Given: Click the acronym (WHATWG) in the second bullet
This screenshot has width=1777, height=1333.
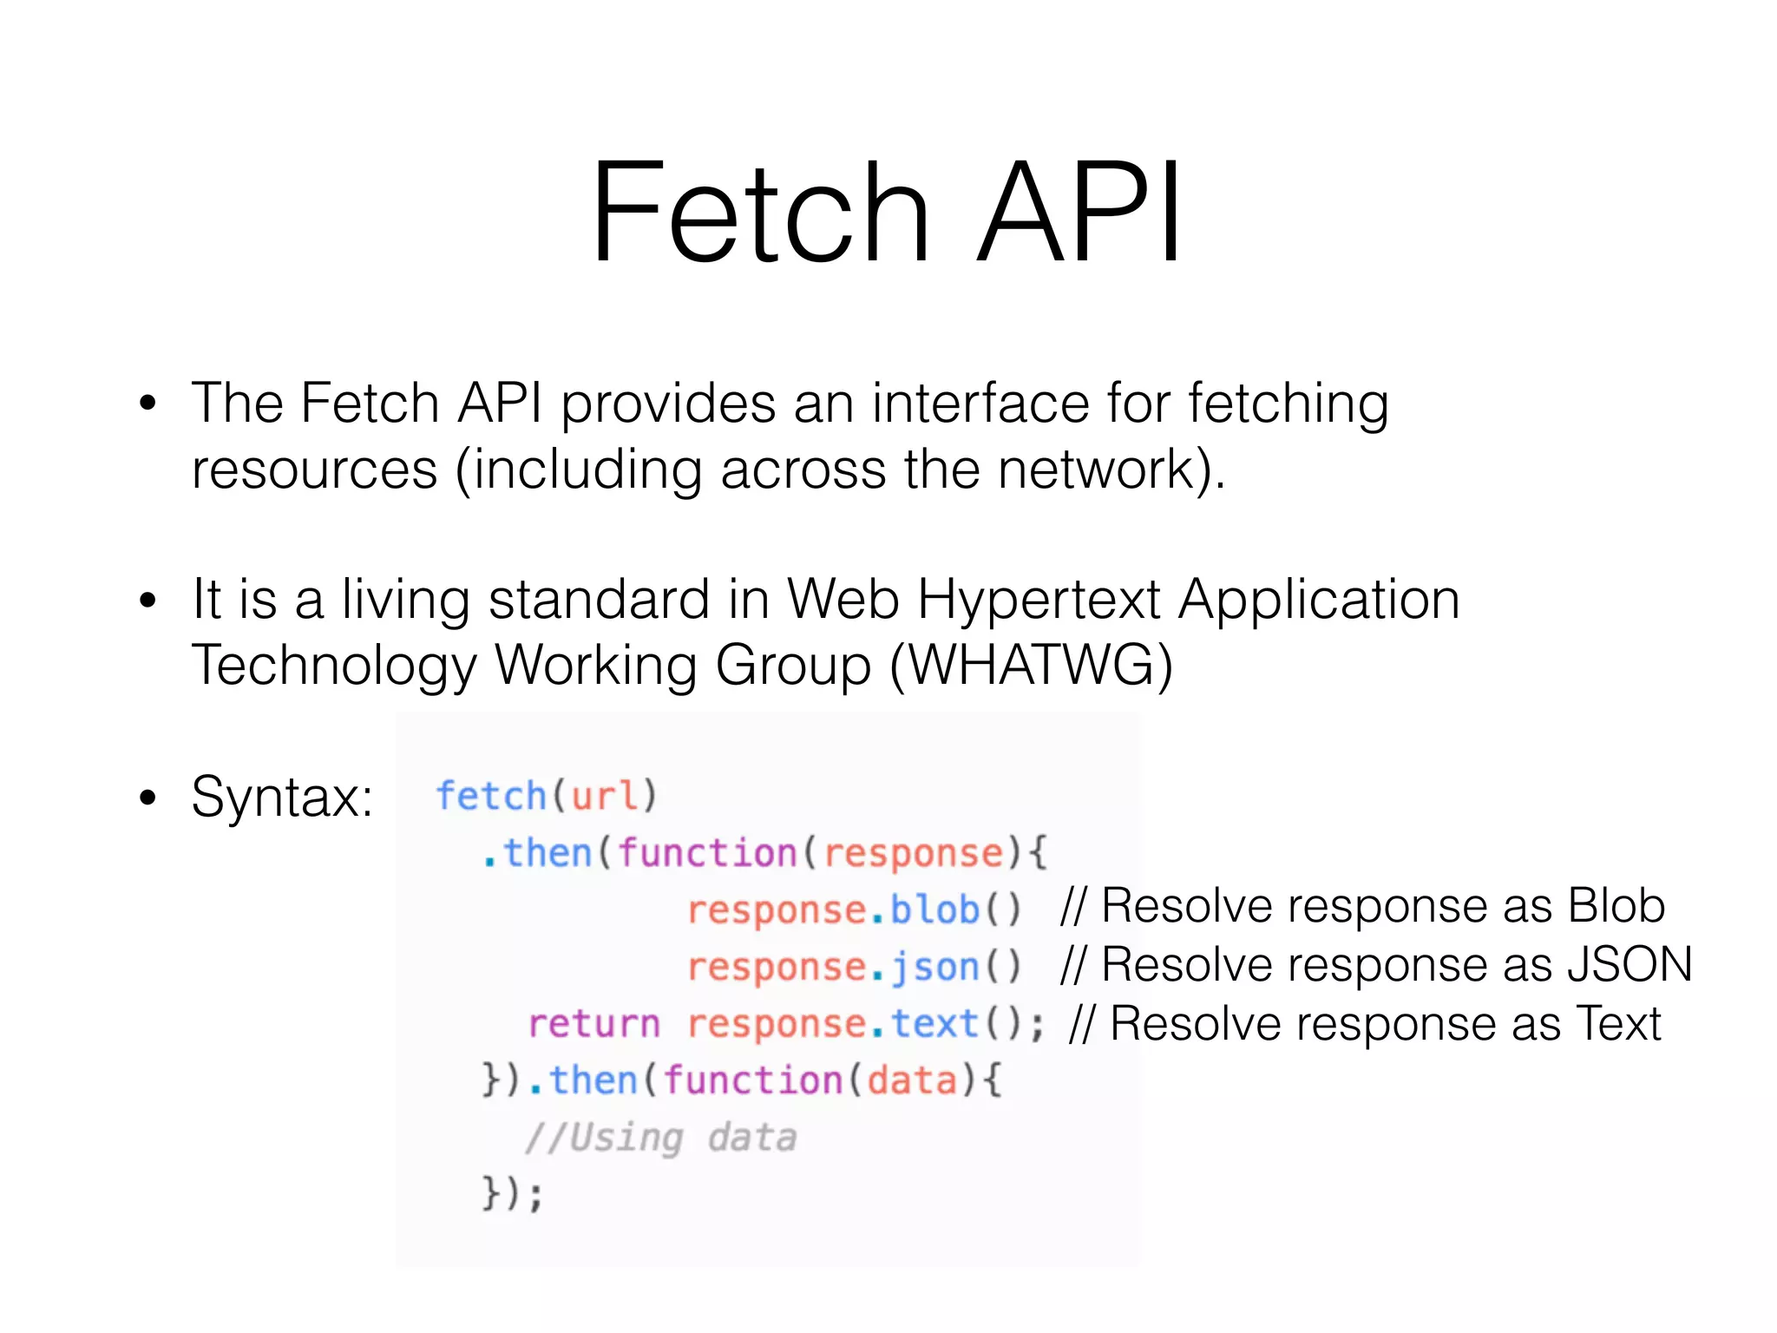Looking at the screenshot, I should point(1032,666).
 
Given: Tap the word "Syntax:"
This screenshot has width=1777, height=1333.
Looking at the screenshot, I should point(282,797).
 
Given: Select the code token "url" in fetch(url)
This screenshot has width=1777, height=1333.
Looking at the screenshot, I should point(604,796).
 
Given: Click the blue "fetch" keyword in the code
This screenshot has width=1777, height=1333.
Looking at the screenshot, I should point(490,796).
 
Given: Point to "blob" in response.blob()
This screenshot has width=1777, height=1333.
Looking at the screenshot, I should point(934,909).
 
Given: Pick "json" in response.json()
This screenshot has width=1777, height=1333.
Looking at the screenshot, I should point(934,967).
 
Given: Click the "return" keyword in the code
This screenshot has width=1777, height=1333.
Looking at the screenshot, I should point(594,1024).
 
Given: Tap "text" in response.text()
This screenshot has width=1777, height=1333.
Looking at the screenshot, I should point(934,1024).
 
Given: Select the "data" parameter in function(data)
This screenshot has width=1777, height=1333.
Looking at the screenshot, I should point(912,1081).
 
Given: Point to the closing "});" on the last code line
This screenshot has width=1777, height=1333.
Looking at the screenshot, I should point(513,1194).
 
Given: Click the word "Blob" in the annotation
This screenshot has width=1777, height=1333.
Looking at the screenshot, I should point(1616,906).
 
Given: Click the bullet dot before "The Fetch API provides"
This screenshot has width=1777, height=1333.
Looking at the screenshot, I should point(148,404).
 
